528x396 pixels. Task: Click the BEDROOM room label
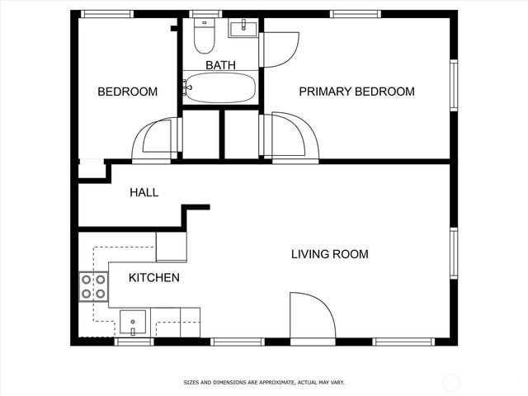[x=127, y=92]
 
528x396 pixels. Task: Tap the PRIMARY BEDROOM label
[x=356, y=92]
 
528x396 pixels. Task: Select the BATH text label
[x=219, y=65]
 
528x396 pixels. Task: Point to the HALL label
[x=144, y=193]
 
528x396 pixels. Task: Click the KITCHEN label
[x=153, y=278]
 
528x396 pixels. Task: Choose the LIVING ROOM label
[x=329, y=254]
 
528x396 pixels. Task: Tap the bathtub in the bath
[x=219, y=87]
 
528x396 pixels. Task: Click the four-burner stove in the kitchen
[x=92, y=286]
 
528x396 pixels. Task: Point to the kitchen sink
[x=133, y=321]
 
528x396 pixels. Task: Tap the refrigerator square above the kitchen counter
[x=171, y=247]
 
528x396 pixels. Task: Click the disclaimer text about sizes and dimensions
[x=263, y=383]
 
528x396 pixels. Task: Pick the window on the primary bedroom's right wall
[x=453, y=84]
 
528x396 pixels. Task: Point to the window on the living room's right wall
[x=453, y=253]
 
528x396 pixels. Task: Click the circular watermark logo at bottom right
[x=451, y=382]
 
